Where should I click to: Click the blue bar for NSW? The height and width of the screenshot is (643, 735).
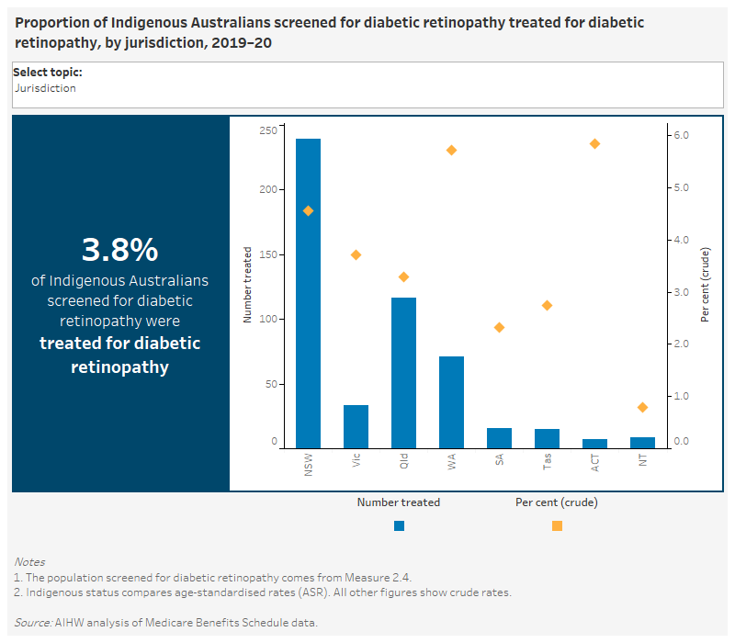point(308,293)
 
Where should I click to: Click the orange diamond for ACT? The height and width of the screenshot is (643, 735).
point(594,144)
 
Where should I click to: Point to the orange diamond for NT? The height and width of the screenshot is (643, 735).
point(642,407)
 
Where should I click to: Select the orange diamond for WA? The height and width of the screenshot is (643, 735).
point(451,150)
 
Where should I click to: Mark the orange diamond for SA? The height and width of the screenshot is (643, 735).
point(499,327)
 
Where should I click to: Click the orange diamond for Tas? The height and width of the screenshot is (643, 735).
point(547,305)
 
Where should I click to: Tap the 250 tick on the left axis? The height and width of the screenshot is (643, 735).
point(267,131)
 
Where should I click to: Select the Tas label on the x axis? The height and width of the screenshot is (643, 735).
point(548,462)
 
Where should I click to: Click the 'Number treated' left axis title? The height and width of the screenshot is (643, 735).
point(247,285)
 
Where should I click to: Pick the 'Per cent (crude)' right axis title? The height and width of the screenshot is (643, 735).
point(705,285)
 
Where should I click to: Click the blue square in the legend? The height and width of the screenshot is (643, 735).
point(399,526)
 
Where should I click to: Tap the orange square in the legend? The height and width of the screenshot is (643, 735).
point(557,526)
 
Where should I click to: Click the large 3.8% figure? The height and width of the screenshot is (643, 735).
point(120,250)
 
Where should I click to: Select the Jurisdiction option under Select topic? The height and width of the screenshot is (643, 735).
point(45,88)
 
